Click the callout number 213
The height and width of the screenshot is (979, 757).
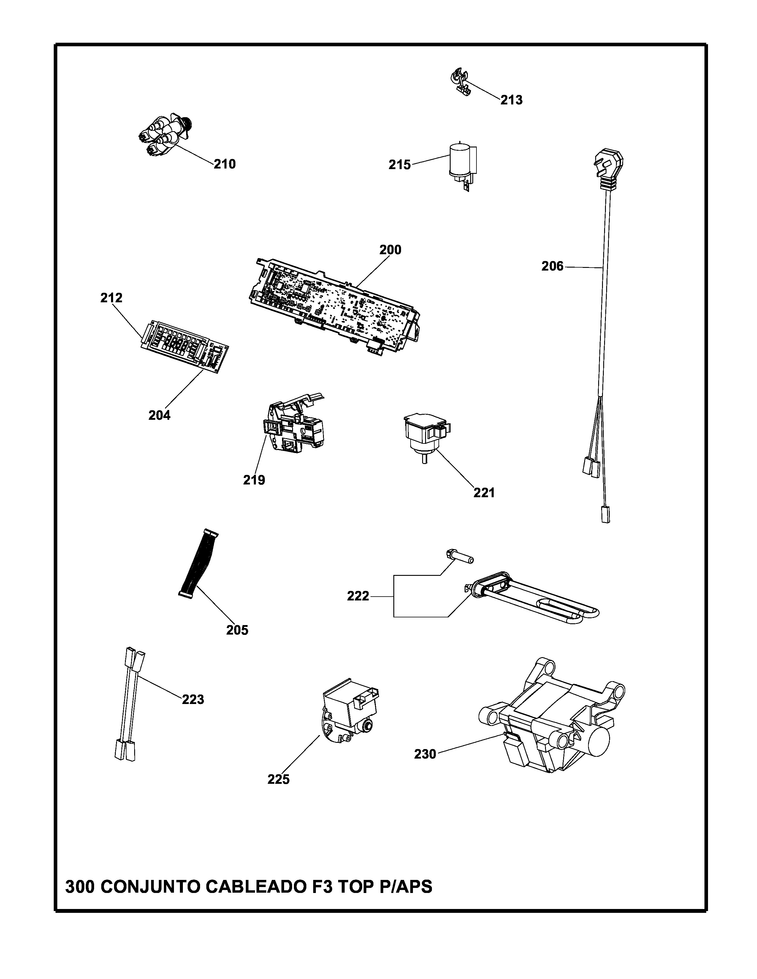click(x=511, y=100)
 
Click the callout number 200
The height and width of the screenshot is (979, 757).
click(x=390, y=250)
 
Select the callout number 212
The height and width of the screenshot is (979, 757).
click(x=111, y=298)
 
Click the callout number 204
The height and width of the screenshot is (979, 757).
click(x=159, y=416)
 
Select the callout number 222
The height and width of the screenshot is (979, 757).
click(x=358, y=596)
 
